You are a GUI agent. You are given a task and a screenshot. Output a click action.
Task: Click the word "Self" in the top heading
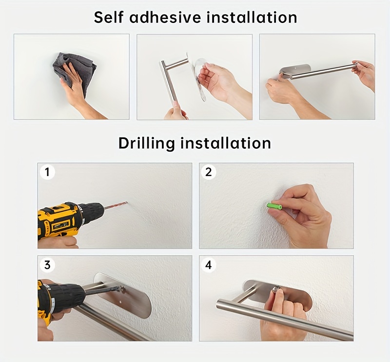tap(109, 17)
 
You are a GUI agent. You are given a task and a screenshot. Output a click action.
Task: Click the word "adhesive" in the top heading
tap(165, 17)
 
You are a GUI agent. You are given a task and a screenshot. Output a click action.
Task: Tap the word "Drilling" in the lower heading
tap(147, 143)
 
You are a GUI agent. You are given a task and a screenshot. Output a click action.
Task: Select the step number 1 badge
tap(47, 172)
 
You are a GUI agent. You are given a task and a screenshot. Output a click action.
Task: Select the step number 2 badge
tap(209, 172)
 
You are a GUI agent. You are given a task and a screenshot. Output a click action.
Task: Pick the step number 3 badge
tap(47, 264)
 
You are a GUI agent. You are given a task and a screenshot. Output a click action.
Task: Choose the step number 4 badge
tap(209, 264)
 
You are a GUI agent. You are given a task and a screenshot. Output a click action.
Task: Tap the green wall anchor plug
tap(274, 206)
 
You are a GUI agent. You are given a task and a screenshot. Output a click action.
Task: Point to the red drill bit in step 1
tap(116, 206)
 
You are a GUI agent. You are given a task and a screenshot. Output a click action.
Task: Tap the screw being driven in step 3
tap(121, 289)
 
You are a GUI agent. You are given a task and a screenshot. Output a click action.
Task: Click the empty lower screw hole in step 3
tap(121, 302)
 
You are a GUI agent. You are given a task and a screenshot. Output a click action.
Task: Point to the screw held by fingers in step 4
tap(276, 289)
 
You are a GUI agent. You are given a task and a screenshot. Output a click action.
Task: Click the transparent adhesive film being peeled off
tap(200, 80)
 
